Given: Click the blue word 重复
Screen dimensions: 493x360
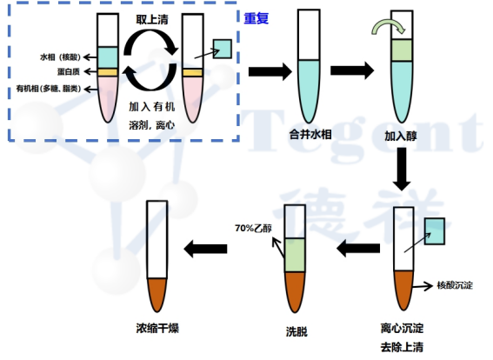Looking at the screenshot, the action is (x=256, y=18).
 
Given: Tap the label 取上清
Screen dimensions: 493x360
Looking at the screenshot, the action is (x=152, y=19).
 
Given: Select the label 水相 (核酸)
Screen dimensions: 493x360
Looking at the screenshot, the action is (x=60, y=57).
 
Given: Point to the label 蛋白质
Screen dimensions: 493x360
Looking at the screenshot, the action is (x=68, y=71).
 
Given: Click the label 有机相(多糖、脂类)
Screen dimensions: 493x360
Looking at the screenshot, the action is (x=49, y=89).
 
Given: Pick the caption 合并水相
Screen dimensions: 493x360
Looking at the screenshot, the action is (x=310, y=135).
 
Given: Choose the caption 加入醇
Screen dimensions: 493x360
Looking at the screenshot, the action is (x=401, y=137).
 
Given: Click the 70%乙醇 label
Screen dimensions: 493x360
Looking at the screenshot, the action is (x=253, y=228).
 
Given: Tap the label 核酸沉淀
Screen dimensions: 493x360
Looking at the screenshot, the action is (x=455, y=285).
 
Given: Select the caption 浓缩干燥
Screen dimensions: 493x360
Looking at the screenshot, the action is (x=157, y=328).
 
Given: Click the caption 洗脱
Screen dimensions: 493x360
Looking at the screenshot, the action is (x=296, y=331).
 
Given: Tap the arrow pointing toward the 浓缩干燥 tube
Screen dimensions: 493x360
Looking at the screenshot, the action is (x=205, y=249).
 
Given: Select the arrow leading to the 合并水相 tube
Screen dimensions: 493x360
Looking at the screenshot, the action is (x=270, y=71).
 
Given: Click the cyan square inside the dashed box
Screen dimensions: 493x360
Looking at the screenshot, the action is (x=223, y=49).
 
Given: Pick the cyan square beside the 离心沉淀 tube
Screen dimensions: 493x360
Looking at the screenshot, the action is (x=435, y=231).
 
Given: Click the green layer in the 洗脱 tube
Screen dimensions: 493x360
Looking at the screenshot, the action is (x=296, y=255).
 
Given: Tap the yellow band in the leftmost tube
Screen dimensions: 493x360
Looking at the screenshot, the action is (x=108, y=72).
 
